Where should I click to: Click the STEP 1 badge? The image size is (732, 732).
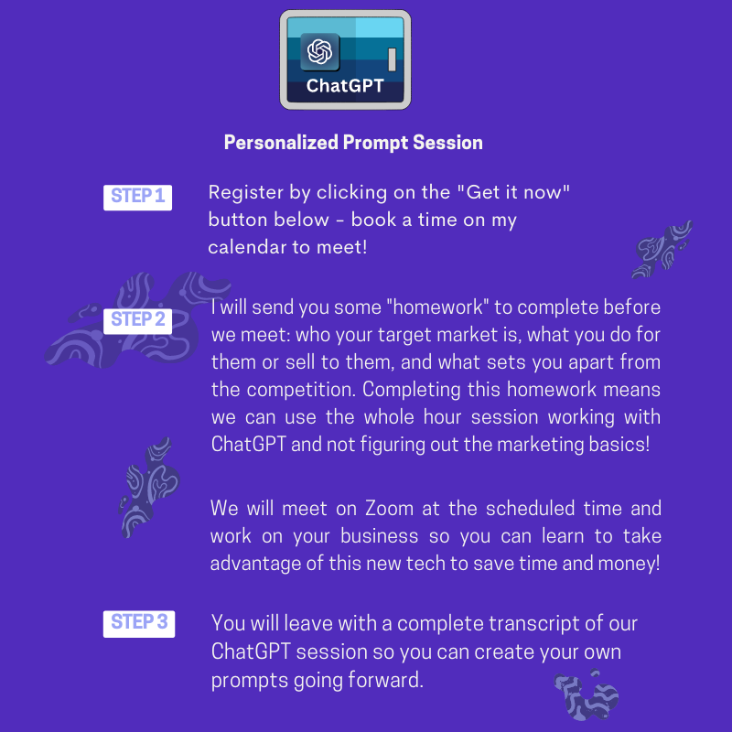(138, 198)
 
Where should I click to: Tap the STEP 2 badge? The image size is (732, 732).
(138, 321)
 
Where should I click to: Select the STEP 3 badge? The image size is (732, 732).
(139, 624)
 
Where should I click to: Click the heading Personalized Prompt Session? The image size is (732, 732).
(353, 143)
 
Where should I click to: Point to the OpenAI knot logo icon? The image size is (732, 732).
(319, 51)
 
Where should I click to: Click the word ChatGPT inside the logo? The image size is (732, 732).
(345, 85)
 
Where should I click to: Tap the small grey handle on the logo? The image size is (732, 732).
(393, 59)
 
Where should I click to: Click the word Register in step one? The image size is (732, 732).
(246, 193)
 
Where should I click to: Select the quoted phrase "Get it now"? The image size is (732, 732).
(513, 192)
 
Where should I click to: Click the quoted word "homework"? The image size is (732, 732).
(437, 307)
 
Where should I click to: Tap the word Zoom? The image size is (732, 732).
(390, 509)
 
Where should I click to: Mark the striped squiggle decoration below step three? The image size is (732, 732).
(586, 695)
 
